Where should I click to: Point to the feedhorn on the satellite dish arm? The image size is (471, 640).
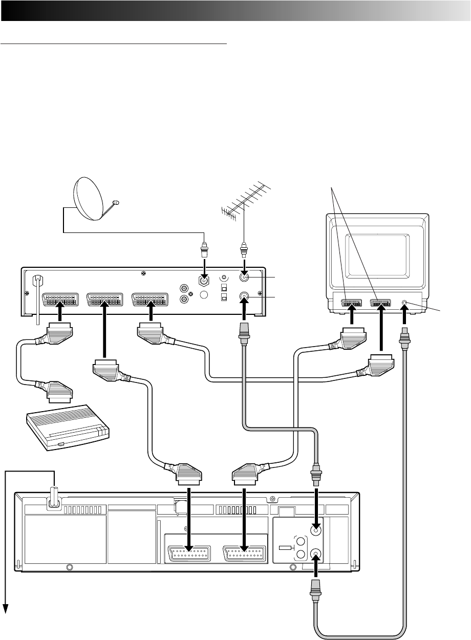point(116,203)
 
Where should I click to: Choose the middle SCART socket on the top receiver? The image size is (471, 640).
point(105,299)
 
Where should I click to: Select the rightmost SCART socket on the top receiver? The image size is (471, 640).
point(150,299)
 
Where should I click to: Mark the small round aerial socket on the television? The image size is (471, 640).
point(405,304)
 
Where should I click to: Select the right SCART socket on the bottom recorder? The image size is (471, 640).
point(245,555)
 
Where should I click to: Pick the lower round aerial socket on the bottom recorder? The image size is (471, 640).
point(316,554)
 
